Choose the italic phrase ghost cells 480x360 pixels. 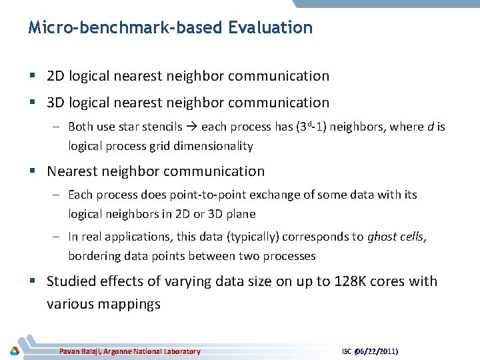pos(397,237)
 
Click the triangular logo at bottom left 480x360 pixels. pos(14,351)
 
